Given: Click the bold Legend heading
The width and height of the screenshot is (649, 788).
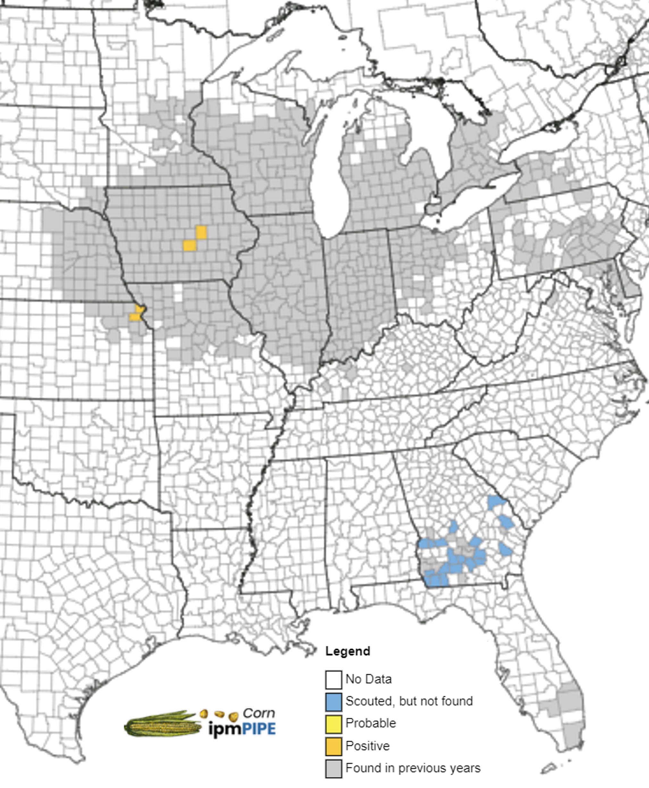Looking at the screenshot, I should pyautogui.click(x=347, y=651).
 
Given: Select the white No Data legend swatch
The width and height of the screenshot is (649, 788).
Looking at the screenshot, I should pyautogui.click(x=333, y=680).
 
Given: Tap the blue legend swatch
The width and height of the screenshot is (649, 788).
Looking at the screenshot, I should pyautogui.click(x=333, y=702).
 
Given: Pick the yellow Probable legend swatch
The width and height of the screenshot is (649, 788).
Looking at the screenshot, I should pyautogui.click(x=333, y=724).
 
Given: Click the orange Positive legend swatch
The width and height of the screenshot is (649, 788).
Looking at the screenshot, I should pyautogui.click(x=333, y=747).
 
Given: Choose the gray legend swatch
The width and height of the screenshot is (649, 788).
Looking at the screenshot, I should pyautogui.click(x=333, y=768).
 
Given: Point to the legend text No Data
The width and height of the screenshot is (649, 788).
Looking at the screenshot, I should pyautogui.click(x=368, y=679).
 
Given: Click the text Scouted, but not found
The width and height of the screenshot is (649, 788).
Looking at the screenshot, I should pyautogui.click(x=409, y=701).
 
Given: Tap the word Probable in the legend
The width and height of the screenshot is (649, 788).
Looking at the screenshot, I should pyautogui.click(x=370, y=723).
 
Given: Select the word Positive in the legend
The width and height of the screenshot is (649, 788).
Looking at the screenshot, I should pyautogui.click(x=367, y=746).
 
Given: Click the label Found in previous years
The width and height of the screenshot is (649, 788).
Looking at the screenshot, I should pyautogui.click(x=413, y=768).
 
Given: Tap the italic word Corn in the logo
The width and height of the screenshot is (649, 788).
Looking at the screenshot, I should pyautogui.click(x=259, y=713).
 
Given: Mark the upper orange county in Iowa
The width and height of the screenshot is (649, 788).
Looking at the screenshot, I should pyautogui.click(x=201, y=232).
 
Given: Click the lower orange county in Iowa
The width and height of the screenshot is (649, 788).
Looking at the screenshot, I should pyautogui.click(x=190, y=245).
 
